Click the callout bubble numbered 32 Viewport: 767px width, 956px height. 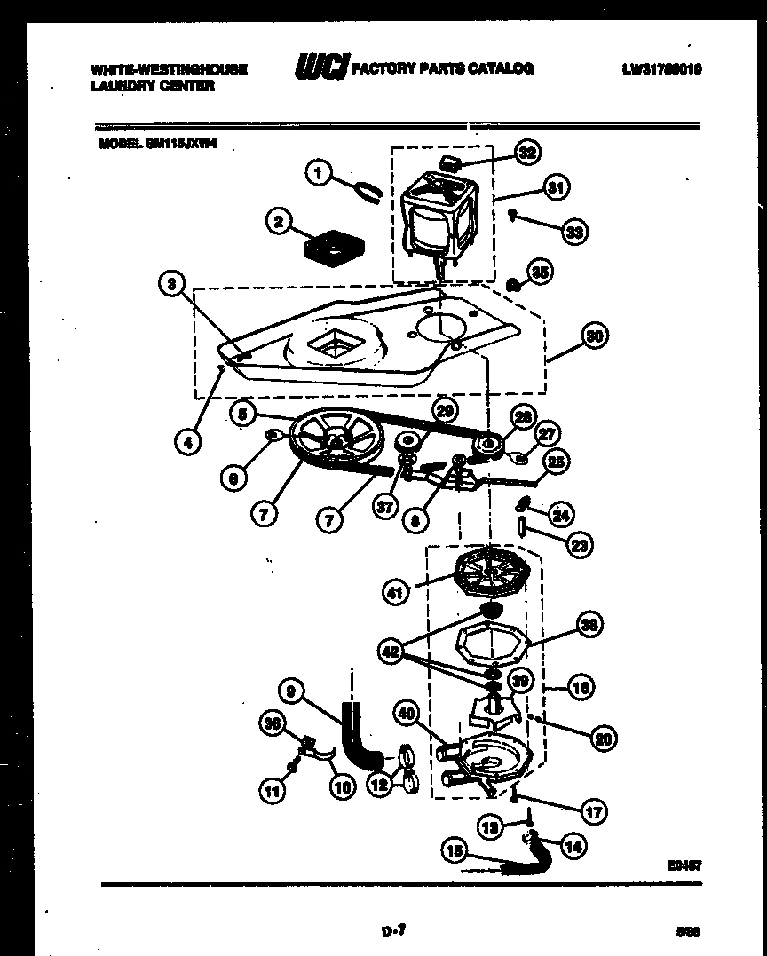pos(527,154)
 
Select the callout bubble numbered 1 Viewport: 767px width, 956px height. pos(318,172)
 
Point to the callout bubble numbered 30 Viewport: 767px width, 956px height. pos(596,336)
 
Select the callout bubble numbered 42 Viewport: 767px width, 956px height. pos(391,652)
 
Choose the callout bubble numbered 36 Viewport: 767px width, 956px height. pos(273,724)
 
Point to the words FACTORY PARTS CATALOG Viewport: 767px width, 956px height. pos(443,68)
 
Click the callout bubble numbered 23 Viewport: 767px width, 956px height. pos(579,545)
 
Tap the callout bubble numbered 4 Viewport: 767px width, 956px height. pos(187,441)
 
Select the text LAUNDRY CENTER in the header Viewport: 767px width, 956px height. pos(152,86)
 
